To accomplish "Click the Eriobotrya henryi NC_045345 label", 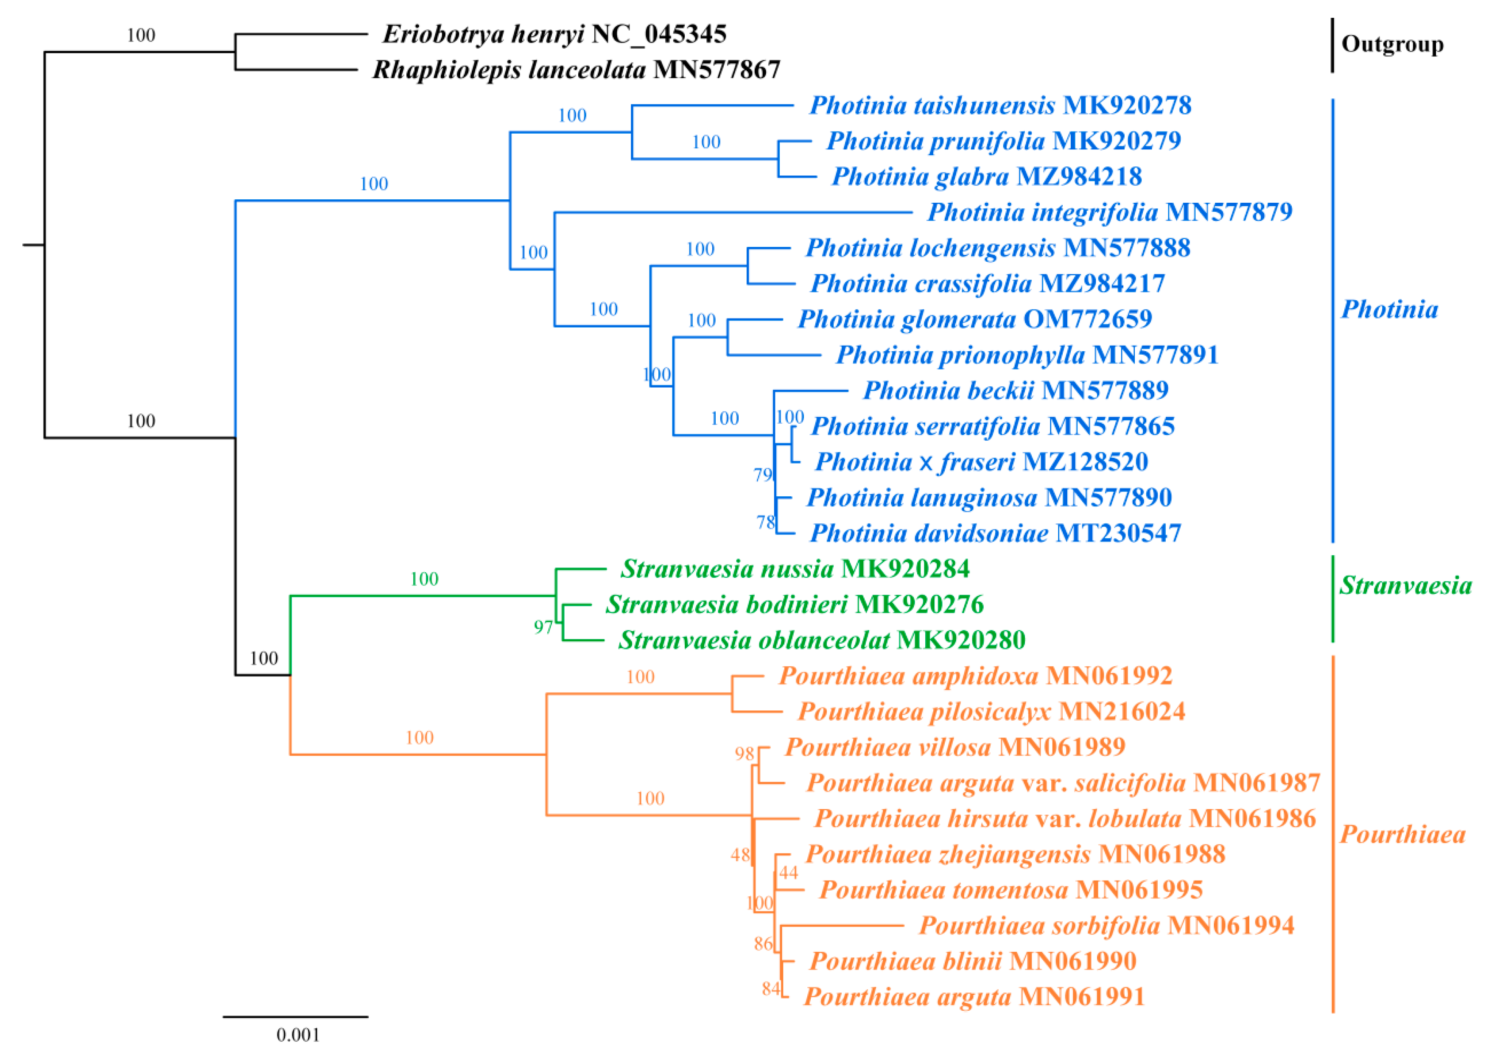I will [x=554, y=34].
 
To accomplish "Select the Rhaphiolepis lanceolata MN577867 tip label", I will [x=576, y=70].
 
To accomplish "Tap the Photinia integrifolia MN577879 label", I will [x=1109, y=212].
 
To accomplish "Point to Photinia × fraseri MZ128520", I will [x=981, y=462].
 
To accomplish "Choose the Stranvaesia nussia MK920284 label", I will [x=794, y=569].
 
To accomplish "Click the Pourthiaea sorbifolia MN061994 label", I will [x=1106, y=926].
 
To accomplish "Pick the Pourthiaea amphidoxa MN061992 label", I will [x=975, y=676].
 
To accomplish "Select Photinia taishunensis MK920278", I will [x=1000, y=106].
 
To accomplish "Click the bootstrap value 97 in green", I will [x=543, y=627].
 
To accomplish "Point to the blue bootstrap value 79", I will [x=763, y=475].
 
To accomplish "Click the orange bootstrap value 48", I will [x=740, y=855].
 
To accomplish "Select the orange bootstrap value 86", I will [x=763, y=944].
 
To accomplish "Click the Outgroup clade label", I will [x=1392, y=44].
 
